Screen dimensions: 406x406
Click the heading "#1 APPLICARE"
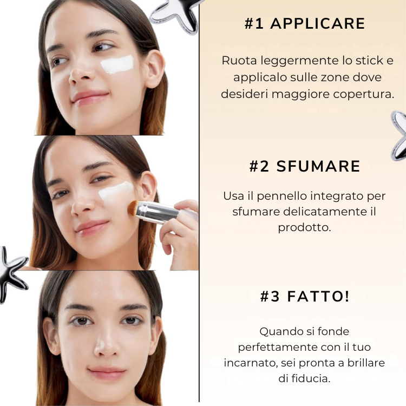pos(304,24)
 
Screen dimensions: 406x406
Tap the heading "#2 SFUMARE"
pos(304,166)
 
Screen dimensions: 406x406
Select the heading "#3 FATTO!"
pos(304,297)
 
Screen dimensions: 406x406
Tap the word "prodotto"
pos(304,227)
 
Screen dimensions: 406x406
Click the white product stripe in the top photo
pos(117,64)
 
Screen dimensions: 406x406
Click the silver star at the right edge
pos(400,135)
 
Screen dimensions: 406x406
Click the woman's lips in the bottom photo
pos(107,372)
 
